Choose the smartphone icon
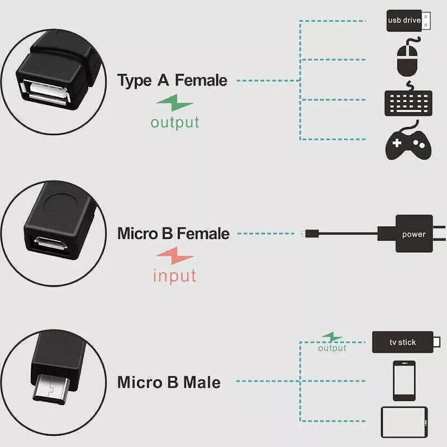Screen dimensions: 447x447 pyautogui.click(x=404, y=381)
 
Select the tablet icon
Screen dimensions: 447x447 pyautogui.click(x=404, y=422)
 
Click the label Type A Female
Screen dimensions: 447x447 pyautogui.click(x=172, y=80)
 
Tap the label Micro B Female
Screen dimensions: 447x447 pyautogui.click(x=173, y=233)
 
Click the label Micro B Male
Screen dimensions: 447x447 pyautogui.click(x=169, y=383)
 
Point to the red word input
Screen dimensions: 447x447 pyautogui.click(x=175, y=275)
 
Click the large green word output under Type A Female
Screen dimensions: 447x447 pyautogui.click(x=175, y=122)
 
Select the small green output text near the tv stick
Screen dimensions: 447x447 pyautogui.click(x=332, y=348)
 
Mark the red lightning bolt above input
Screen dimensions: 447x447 pyautogui.click(x=175, y=258)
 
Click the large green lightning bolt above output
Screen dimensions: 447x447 pyautogui.click(x=175, y=104)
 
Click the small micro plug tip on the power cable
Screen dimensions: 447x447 pyautogui.click(x=303, y=233)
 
